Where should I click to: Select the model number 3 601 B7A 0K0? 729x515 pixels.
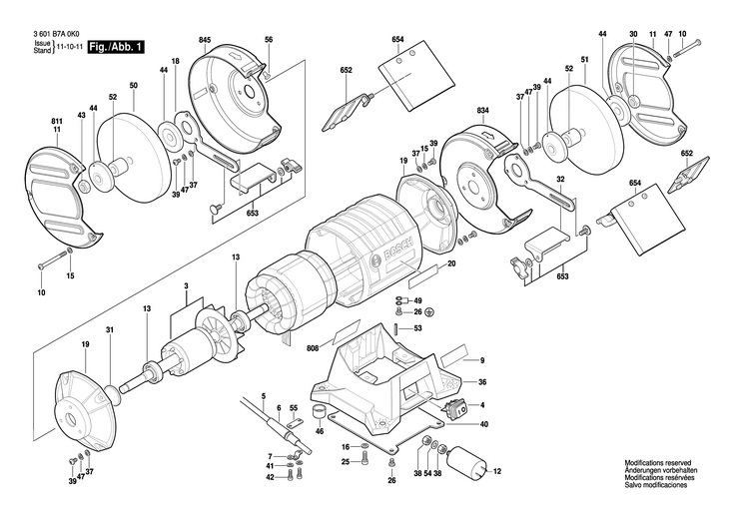point(58,34)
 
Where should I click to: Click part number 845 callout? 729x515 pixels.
point(205,40)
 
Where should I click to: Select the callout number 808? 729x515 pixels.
point(314,348)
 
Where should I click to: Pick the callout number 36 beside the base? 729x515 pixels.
point(482,382)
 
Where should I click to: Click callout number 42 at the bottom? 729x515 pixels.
point(270,477)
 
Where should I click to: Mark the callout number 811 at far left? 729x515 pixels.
point(57,121)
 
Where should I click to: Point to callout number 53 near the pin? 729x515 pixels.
point(417,327)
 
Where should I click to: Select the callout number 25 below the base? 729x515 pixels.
point(346,461)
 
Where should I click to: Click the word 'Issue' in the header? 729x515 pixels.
point(42,45)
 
